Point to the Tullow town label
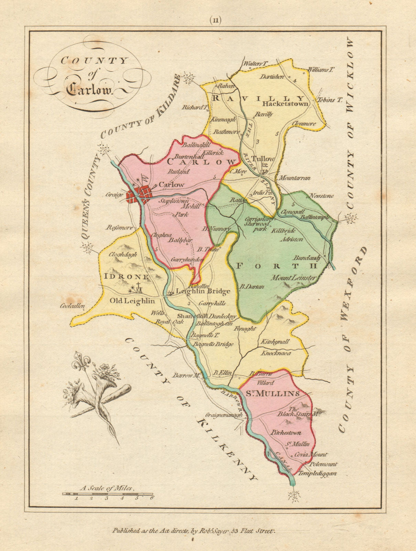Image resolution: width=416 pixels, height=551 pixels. [263, 159]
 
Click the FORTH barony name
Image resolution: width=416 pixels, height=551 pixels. [276, 266]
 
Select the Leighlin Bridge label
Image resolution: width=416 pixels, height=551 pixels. [203, 291]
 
